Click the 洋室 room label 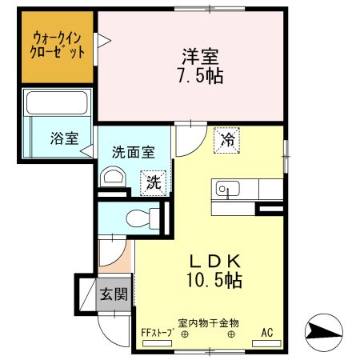201,57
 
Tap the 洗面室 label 133,152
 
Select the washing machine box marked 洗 153,182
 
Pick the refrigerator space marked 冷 227,140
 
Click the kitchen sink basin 226,190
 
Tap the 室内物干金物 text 208,323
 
